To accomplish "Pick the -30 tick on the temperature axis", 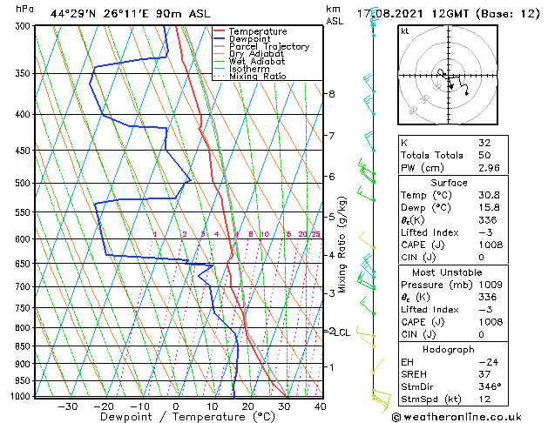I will [x=67, y=406].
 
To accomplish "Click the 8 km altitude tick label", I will [x=331, y=94].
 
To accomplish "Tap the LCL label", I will [x=343, y=332].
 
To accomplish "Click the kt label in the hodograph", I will [x=405, y=30].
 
